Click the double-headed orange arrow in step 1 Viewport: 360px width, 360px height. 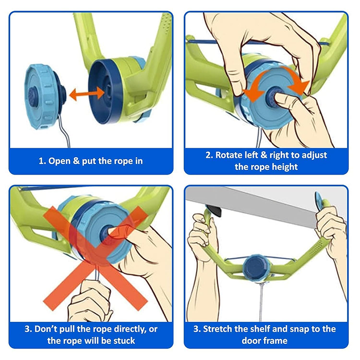(87, 94)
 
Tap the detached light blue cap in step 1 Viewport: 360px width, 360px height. (45, 96)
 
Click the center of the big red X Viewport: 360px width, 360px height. (96, 258)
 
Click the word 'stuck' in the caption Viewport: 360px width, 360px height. (124, 341)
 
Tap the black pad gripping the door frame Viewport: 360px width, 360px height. (215, 211)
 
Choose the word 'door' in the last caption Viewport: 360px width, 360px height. (250, 341)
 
